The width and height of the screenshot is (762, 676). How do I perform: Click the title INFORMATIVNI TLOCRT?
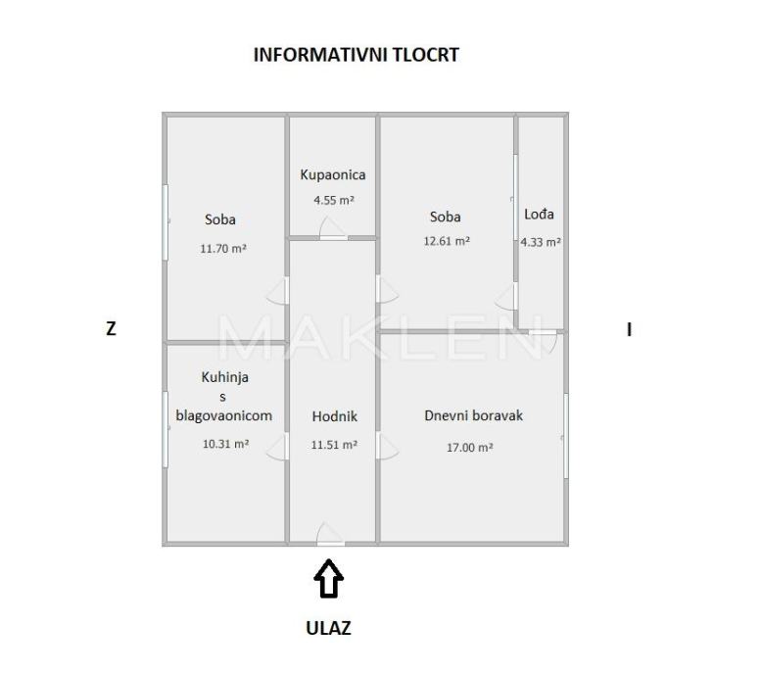click(x=356, y=55)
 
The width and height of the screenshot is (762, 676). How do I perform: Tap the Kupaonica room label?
click(x=332, y=175)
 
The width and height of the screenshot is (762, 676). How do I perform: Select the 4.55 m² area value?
click(x=333, y=200)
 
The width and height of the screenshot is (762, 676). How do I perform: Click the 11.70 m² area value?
click(x=222, y=249)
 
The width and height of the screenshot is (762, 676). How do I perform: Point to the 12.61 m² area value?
click(x=447, y=241)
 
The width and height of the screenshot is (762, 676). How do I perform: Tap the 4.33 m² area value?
click(x=541, y=242)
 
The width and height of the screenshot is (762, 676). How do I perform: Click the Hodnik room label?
click(x=334, y=416)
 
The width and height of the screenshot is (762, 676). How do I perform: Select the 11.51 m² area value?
click(x=334, y=445)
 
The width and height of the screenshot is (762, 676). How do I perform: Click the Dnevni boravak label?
click(x=473, y=415)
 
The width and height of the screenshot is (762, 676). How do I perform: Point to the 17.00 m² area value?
click(x=471, y=447)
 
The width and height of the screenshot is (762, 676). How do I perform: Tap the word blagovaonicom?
click(x=223, y=415)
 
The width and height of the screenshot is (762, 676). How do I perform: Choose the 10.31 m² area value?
click(x=225, y=444)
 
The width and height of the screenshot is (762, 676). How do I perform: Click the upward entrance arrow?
click(x=329, y=578)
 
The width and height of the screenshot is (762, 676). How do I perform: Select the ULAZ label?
click(x=329, y=629)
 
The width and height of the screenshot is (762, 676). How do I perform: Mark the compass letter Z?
click(x=111, y=330)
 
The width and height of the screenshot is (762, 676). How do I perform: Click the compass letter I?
click(x=629, y=330)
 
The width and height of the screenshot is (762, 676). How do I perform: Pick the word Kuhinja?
click(x=225, y=376)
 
